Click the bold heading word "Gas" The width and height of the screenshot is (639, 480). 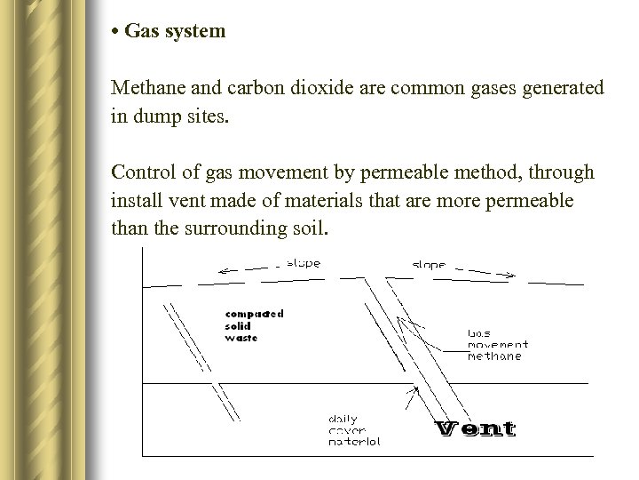pyautogui.click(x=139, y=32)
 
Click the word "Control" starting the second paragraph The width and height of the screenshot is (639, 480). pyautogui.click(x=141, y=173)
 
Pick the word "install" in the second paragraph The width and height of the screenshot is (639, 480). pyautogui.click(x=136, y=201)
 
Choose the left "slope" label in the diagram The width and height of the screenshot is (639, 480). pyautogui.click(x=304, y=263)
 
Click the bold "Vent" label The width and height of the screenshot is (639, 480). pyautogui.click(x=476, y=429)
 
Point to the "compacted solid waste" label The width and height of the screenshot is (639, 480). pyautogui.click(x=254, y=325)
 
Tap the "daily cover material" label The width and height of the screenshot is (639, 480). pyautogui.click(x=354, y=430)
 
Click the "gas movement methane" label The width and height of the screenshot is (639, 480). pyautogui.click(x=497, y=345)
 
